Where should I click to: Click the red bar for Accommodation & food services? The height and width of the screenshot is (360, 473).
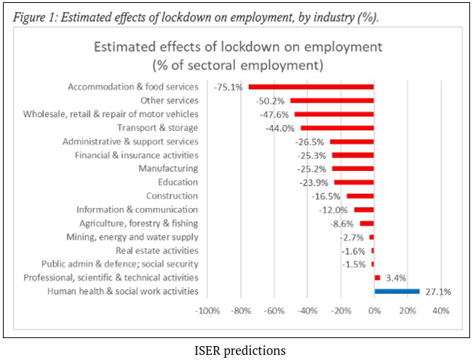[x=311, y=87]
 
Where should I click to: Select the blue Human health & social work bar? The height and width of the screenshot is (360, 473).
[x=397, y=291]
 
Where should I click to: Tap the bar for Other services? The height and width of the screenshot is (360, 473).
[x=332, y=101]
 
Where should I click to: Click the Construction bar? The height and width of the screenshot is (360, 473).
[x=360, y=196]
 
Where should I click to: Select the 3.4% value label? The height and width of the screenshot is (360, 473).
[x=396, y=277]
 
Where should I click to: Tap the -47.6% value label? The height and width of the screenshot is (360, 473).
[x=274, y=115]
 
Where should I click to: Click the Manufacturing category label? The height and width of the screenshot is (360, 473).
[x=168, y=169]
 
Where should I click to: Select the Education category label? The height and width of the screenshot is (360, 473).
[x=178, y=182]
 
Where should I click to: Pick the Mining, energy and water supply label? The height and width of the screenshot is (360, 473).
[x=137, y=237]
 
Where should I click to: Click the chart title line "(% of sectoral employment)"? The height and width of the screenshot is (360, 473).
[x=237, y=66]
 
